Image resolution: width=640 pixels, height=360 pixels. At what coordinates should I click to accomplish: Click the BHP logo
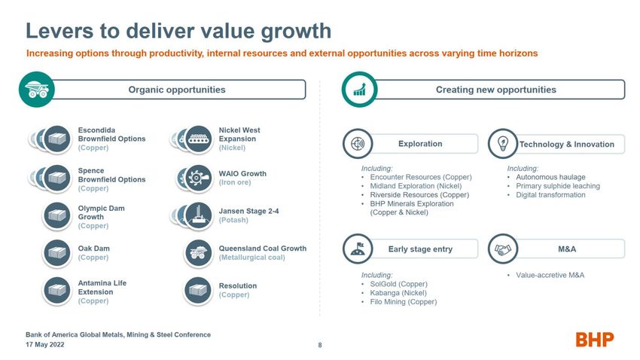pos(595,339)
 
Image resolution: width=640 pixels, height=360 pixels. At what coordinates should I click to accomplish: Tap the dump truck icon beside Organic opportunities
pos(37,90)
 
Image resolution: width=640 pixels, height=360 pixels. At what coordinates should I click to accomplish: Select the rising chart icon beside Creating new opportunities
pos(360,90)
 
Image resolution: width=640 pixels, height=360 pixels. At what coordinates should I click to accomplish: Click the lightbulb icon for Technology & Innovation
pos(503,143)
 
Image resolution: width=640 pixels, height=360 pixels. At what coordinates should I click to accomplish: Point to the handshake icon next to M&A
pos(503,249)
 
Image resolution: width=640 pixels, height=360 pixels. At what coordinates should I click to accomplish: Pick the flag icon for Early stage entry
pos(358,249)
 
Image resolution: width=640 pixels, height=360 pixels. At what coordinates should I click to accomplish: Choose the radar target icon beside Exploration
pos(358,143)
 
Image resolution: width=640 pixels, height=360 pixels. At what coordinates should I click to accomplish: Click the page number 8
pos(320,345)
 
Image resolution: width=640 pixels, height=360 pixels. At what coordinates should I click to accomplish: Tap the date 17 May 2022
pos(45,344)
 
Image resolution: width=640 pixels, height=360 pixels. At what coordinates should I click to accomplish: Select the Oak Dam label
pos(94,249)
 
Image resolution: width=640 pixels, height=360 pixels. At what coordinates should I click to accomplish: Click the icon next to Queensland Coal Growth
pos(198,254)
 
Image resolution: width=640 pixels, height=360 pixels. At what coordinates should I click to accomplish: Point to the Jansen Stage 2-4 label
pos(248,211)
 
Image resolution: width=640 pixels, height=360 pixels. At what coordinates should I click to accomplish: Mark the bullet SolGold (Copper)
pos(398,284)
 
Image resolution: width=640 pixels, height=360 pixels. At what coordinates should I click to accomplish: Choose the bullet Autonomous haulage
pos(550,177)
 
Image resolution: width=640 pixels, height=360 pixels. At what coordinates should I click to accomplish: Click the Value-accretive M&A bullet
pos(550,275)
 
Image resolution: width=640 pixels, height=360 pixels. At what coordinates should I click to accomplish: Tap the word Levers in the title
pos(59,31)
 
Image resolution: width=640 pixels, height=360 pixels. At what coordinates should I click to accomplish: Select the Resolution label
pos(237,285)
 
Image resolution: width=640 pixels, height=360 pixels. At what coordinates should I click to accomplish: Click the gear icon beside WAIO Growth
pos(198,178)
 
